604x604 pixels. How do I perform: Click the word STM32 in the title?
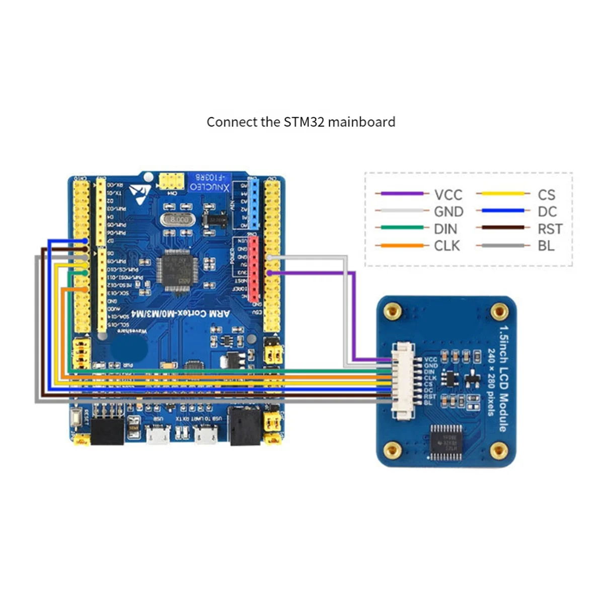(304, 122)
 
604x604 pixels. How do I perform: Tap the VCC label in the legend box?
(448, 195)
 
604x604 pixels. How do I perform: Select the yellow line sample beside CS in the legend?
(502, 194)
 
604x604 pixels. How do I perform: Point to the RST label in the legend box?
(550, 229)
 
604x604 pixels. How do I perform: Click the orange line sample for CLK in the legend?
(402, 246)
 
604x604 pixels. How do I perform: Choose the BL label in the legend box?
(546, 246)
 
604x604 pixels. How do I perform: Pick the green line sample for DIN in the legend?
(402, 228)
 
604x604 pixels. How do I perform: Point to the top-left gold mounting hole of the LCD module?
(393, 312)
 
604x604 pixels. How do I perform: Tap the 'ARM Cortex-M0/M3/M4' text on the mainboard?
(180, 314)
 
